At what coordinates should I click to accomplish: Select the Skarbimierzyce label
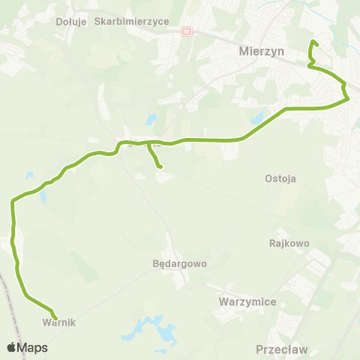[132, 22]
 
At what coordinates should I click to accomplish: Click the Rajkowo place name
[289, 243]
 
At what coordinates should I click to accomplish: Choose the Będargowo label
[179, 264]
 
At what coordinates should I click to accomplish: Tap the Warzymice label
[248, 301]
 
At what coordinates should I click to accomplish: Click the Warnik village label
[60, 322]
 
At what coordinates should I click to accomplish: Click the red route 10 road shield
[187, 31]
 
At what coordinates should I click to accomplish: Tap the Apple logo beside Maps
[11, 347]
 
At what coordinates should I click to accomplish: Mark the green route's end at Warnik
[55, 316]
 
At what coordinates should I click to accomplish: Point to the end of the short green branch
[160, 166]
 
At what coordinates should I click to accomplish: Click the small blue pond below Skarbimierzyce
[151, 118]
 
